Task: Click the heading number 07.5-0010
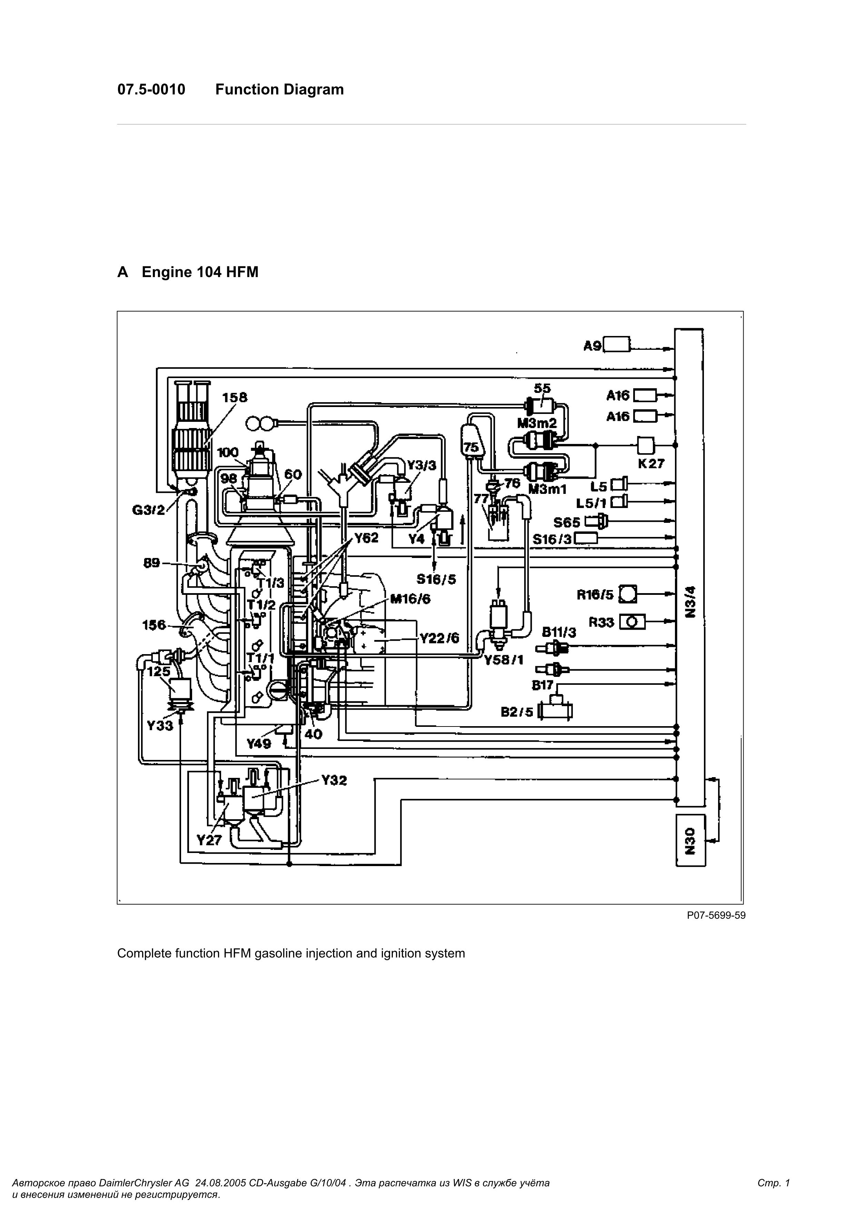pyautogui.click(x=151, y=90)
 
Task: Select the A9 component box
pyautogui.click(x=616, y=345)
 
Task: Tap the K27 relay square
pyautogui.click(x=645, y=446)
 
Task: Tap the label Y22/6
pyautogui.click(x=439, y=638)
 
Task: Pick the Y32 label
pyautogui.click(x=334, y=780)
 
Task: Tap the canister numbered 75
pyautogui.click(x=470, y=442)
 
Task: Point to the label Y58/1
pyautogui.click(x=504, y=659)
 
